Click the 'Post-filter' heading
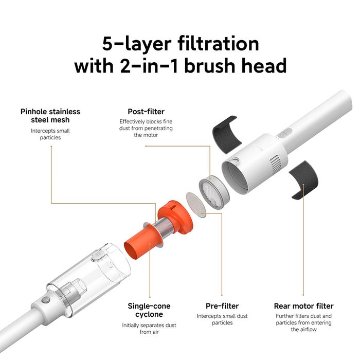coord(146,112)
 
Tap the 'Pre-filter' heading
coord(222,306)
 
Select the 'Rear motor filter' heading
coord(303,306)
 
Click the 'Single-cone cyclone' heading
coord(149,310)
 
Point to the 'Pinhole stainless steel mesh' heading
coord(50,116)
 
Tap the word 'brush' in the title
coord(212,66)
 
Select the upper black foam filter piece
coord(226,134)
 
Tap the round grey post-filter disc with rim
coord(214,192)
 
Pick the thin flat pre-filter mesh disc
coord(196,205)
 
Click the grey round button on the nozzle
coord(46,300)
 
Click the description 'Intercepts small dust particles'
coord(222,319)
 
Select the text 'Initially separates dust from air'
coord(149,328)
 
